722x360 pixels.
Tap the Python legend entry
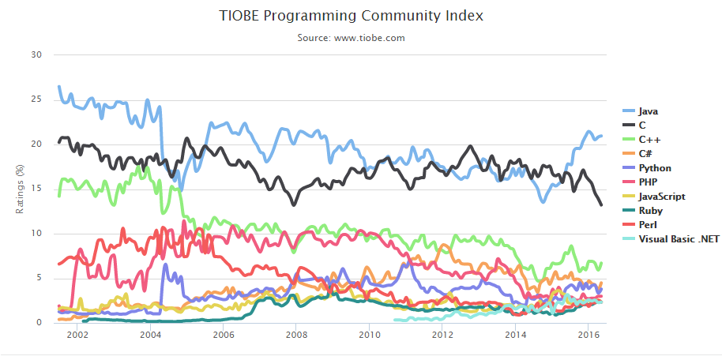click(655, 168)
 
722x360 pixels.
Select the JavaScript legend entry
click(662, 197)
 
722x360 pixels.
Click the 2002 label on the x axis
click(77, 336)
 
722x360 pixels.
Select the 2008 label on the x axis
click(296, 336)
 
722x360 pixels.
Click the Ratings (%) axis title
click(20, 189)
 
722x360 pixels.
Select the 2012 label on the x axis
click(442, 336)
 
